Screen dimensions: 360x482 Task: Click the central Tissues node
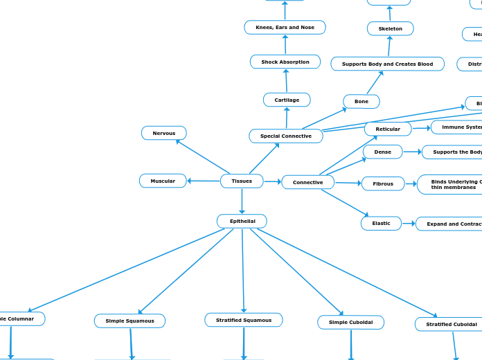tap(242, 181)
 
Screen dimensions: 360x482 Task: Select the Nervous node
tap(164, 133)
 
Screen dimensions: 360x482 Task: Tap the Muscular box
tap(163, 181)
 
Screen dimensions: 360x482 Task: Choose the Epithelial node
tap(242, 222)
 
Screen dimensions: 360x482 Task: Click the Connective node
tap(307, 182)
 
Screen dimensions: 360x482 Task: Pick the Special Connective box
tap(286, 136)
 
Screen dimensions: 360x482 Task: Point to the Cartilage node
tap(287, 100)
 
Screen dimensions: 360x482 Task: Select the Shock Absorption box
tap(285, 62)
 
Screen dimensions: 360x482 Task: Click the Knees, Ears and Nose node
tap(285, 28)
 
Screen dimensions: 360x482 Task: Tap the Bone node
tap(361, 102)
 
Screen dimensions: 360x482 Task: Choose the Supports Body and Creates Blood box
tap(387, 64)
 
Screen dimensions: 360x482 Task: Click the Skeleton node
tap(390, 29)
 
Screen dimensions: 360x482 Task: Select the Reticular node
tap(388, 129)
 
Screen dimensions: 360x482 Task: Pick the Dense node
tap(383, 152)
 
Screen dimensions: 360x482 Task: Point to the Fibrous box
tap(383, 184)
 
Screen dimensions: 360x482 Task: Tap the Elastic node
tap(381, 224)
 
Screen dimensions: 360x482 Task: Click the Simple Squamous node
tap(130, 321)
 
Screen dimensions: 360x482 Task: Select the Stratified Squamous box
tap(244, 321)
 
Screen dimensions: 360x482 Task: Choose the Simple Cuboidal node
tap(350, 323)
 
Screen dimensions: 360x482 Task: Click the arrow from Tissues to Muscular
tap(204, 181)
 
